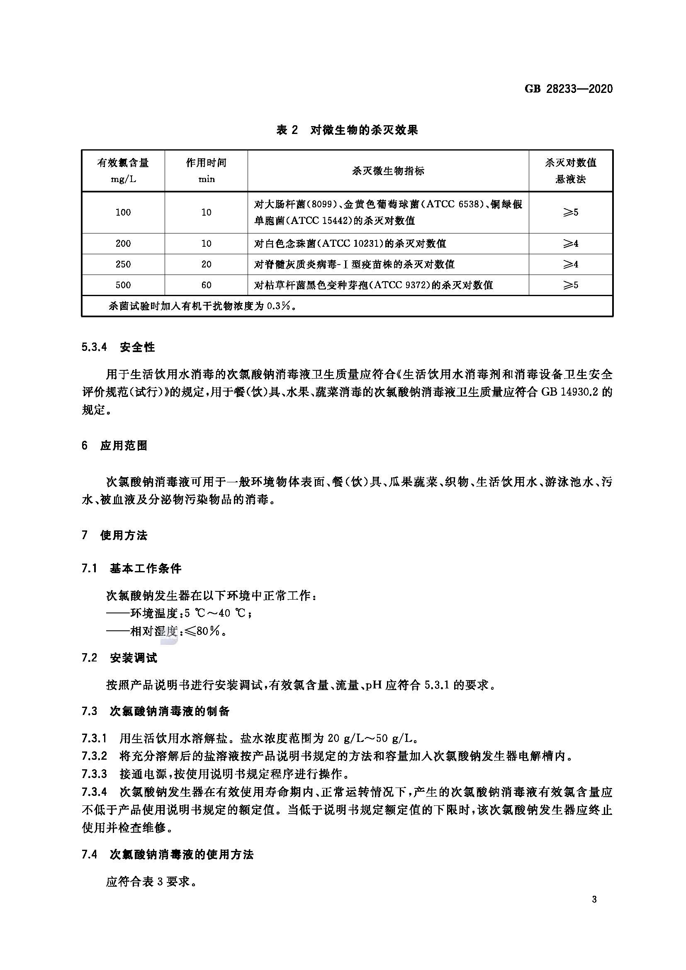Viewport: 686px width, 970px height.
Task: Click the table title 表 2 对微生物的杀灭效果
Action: [347, 130]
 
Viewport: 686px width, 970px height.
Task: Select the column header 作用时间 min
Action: [206, 170]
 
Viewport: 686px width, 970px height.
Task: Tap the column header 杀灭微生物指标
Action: [388, 171]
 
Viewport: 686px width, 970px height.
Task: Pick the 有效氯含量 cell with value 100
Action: [123, 212]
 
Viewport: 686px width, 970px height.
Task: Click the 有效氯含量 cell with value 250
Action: [123, 264]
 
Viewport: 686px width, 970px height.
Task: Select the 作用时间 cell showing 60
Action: [206, 285]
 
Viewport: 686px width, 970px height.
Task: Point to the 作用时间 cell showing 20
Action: [206, 264]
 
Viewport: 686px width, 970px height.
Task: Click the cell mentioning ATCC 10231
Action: [350, 243]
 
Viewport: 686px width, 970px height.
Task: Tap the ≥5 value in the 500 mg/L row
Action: [570, 285]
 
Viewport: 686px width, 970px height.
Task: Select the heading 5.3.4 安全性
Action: [118, 347]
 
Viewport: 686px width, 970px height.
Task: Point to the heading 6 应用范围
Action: [114, 446]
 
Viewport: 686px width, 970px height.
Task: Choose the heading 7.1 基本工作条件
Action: [131, 568]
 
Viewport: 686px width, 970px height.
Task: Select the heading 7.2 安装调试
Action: [119, 658]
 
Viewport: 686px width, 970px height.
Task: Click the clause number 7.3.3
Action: [94, 774]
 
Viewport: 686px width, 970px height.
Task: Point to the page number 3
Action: [594, 911]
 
